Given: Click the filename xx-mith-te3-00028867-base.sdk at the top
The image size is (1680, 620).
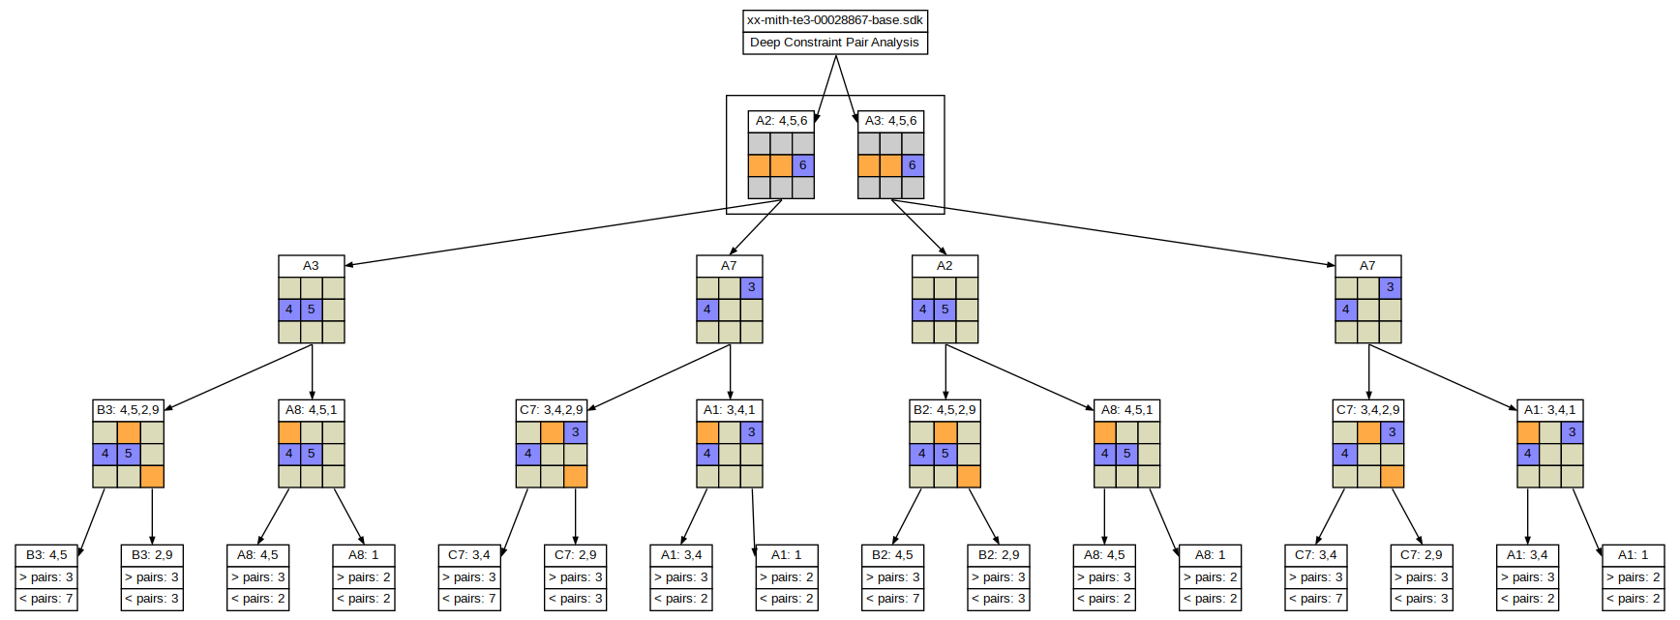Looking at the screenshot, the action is [834, 20].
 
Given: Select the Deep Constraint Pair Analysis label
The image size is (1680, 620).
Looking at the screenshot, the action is [834, 43].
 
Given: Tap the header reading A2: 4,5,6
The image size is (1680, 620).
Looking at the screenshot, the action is [781, 121].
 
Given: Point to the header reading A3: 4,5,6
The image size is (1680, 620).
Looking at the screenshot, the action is [890, 121].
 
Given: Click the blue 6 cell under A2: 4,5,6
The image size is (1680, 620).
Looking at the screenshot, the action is [803, 165].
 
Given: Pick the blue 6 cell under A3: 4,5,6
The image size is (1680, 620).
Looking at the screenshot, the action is [913, 165].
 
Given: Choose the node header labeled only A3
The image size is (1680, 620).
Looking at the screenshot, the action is [311, 266].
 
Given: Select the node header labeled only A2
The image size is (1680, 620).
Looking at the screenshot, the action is [945, 266].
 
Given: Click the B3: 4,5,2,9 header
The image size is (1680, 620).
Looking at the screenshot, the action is [128, 410].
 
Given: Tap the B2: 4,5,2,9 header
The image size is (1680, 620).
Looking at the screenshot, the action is [945, 410].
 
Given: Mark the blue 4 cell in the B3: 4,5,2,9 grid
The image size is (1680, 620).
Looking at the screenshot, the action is [105, 454].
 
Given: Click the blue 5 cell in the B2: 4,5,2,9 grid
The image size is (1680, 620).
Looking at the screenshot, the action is [945, 454].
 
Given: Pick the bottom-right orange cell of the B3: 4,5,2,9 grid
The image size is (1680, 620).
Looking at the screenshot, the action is [152, 476].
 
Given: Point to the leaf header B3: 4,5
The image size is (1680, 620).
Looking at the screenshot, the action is [46, 555].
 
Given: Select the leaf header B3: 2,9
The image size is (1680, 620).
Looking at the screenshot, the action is [152, 555].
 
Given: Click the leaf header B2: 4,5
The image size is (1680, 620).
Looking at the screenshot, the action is [892, 555].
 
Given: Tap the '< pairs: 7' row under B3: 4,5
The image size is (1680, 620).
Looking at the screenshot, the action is [46, 599].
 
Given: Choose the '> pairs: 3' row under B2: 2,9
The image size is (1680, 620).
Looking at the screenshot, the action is [998, 577].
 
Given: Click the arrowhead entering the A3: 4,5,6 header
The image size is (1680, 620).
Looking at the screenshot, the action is [855, 120].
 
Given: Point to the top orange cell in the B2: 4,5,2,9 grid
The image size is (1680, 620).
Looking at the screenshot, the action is [945, 432].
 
